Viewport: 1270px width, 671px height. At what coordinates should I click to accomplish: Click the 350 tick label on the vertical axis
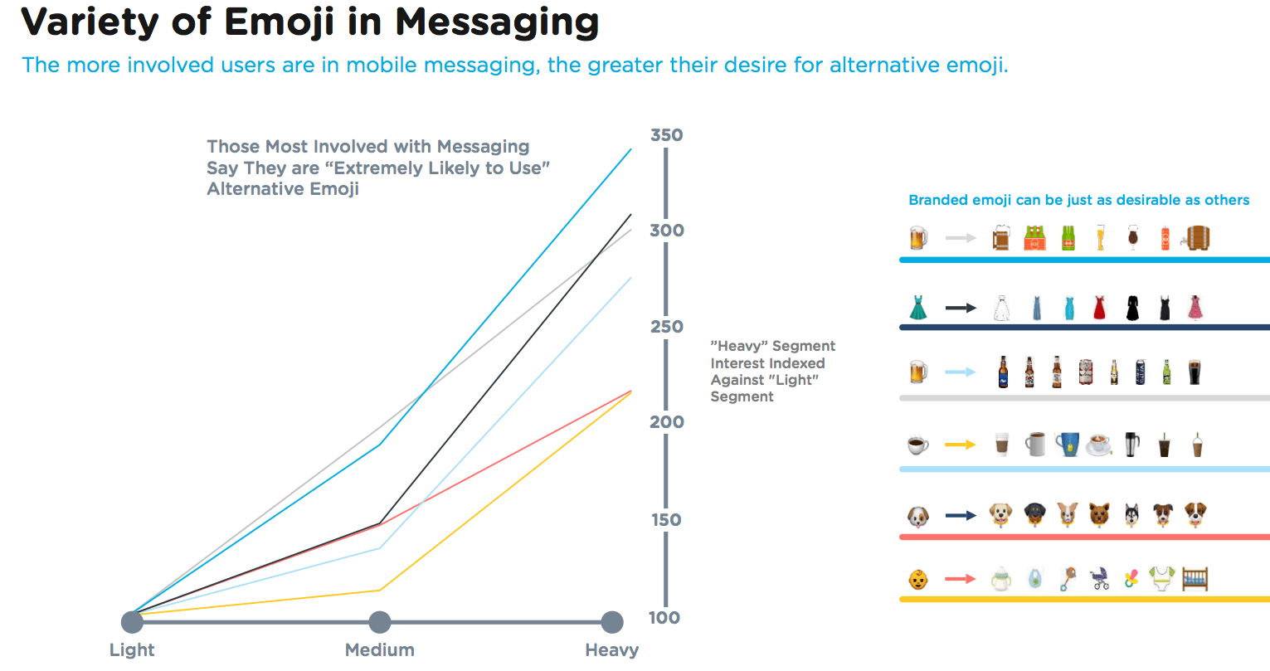tap(666, 135)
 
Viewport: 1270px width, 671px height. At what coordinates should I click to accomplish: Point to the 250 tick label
tap(666, 327)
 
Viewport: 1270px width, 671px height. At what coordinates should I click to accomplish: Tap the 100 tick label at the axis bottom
tap(664, 618)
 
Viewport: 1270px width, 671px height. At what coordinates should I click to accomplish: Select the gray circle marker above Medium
tap(380, 622)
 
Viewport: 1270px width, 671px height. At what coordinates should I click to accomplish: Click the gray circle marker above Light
tap(132, 622)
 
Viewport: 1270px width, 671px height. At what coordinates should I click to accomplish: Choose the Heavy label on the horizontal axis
tap(611, 650)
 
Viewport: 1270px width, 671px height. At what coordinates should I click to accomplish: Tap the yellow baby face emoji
tap(917, 579)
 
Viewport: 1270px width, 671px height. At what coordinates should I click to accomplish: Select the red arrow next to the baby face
tap(961, 579)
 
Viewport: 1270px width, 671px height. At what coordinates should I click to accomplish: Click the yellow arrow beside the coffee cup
tap(961, 445)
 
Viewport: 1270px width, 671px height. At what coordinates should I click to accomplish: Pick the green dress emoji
tap(917, 308)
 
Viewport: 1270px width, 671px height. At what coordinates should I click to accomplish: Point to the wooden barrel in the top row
tap(1197, 238)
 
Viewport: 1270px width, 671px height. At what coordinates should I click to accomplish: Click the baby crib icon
tap(1195, 578)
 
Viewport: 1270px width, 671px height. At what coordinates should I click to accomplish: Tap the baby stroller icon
tap(1100, 579)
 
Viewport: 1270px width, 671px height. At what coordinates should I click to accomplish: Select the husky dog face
tap(1131, 515)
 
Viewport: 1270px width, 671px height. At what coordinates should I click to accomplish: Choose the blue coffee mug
tap(1067, 445)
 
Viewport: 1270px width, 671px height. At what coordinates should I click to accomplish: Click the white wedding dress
tap(1001, 309)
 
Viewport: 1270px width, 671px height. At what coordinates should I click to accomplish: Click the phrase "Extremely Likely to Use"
tap(436, 168)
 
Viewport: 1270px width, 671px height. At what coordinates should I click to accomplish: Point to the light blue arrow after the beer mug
tap(961, 372)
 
